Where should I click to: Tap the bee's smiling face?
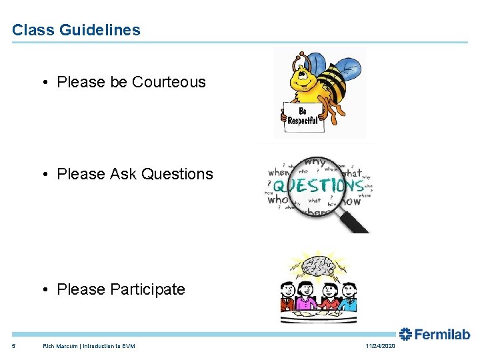tap(303, 79)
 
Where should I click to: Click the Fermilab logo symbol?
tap(405, 334)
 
